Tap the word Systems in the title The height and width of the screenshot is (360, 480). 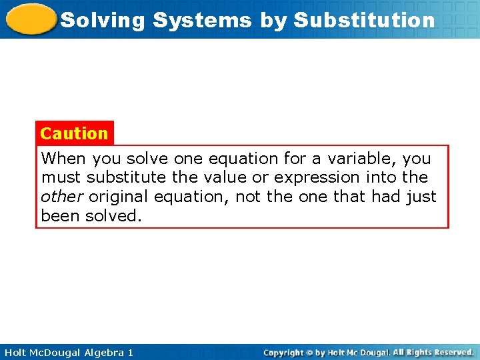pyautogui.click(x=202, y=20)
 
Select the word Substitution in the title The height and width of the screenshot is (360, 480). pyautogui.click(x=364, y=20)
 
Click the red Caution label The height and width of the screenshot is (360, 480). pyautogui.click(x=74, y=133)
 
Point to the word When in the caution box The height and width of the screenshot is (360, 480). pyautogui.click(x=64, y=159)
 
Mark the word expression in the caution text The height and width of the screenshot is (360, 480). pyautogui.click(x=317, y=178)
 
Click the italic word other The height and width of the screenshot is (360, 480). pyautogui.click(x=62, y=197)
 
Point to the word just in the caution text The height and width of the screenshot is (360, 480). pyautogui.click(x=421, y=197)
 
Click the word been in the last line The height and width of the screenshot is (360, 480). pyautogui.click(x=61, y=215)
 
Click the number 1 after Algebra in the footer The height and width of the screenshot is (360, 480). pyautogui.click(x=130, y=353)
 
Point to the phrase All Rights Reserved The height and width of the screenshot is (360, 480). pyautogui.click(x=433, y=351)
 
